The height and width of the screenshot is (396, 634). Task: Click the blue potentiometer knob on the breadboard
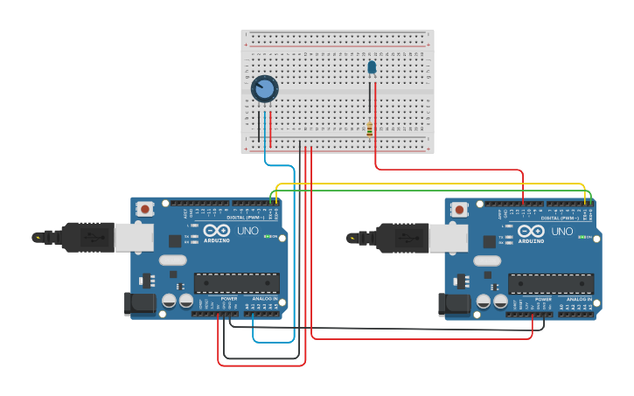(264, 88)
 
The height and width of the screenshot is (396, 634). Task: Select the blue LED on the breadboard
(372, 66)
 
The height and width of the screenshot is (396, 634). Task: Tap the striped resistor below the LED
(370, 129)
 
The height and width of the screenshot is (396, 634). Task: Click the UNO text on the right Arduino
(561, 232)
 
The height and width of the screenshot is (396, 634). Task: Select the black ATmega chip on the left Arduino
(236, 282)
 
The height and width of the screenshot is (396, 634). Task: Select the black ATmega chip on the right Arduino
(551, 282)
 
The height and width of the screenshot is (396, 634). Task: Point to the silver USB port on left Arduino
(134, 237)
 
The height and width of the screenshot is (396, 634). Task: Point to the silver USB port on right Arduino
(448, 237)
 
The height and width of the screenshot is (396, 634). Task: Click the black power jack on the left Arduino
(140, 303)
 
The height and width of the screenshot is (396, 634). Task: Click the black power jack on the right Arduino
(454, 303)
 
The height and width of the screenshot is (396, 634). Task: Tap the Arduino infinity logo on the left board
(216, 232)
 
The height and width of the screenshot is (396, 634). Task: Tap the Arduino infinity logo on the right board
(531, 232)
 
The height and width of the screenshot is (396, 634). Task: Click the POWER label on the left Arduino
(228, 299)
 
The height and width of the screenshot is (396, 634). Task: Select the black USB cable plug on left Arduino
(87, 237)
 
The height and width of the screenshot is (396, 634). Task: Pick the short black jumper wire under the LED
(371, 101)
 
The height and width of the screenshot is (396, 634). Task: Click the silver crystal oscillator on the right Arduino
(487, 260)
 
